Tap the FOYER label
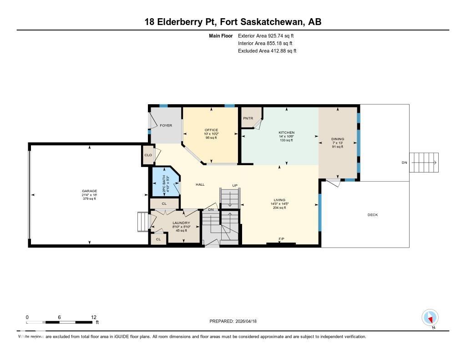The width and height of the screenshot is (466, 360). [166, 125]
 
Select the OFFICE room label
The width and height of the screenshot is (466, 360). [211, 130]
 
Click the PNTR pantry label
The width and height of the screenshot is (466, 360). [248, 118]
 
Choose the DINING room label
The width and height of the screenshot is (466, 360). [338, 139]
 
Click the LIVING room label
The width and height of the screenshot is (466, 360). [279, 200]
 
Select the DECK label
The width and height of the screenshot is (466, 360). [372, 215]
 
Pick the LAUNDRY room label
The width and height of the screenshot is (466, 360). [181, 223]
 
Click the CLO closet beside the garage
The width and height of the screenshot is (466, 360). [148, 155]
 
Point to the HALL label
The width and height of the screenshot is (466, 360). [200, 184]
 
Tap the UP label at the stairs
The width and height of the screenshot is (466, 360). [235, 185]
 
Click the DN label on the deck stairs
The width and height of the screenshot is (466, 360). [405, 162]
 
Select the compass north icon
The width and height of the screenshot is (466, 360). [430, 317]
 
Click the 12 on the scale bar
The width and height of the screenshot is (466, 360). [94, 317]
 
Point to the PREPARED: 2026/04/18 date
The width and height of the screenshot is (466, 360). [236, 321]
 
